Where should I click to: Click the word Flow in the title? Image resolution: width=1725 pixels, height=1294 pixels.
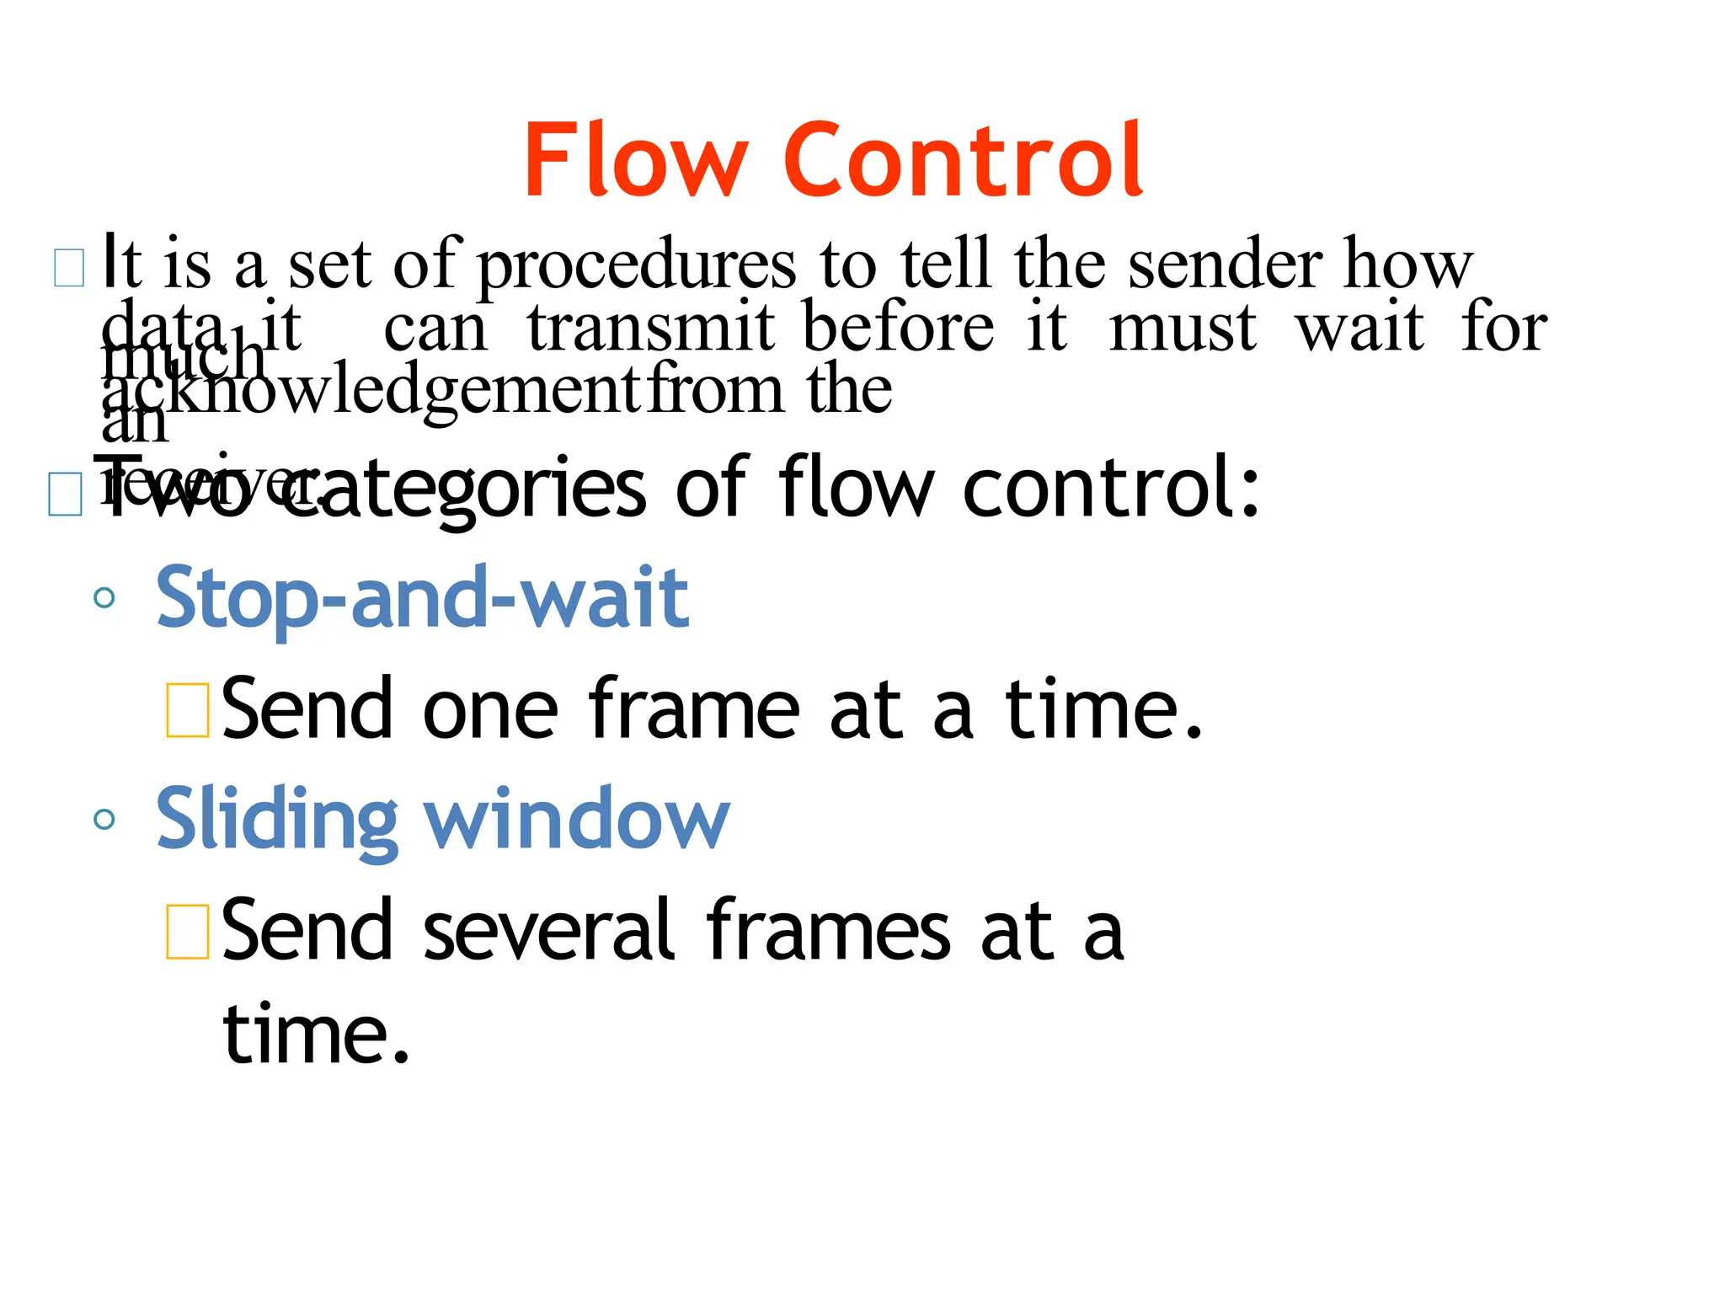pyautogui.click(x=635, y=160)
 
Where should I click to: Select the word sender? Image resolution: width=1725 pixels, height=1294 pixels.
pyautogui.click(x=1226, y=265)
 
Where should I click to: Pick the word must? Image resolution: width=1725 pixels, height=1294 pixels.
pyautogui.click(x=1183, y=329)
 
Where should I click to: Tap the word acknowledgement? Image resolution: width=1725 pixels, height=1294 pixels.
pyautogui.click(x=371, y=392)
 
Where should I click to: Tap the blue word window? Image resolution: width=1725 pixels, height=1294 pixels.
pyautogui.click(x=577, y=819)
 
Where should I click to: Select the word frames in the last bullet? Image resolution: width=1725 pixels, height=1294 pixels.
pyautogui.click(x=830, y=931)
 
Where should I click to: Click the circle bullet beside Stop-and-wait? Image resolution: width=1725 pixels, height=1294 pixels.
pyautogui.click(x=104, y=598)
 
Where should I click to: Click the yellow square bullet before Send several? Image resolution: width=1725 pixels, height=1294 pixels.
pyautogui.click(x=188, y=932)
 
